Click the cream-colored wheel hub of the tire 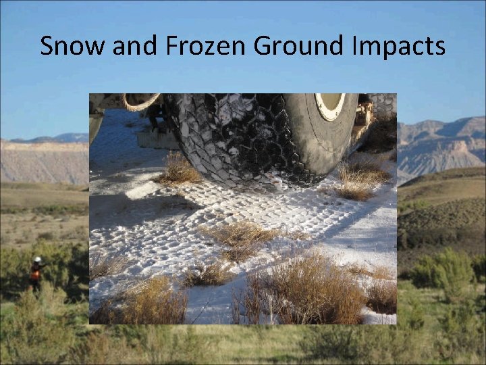coord(330,105)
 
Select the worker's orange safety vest coord(36,273)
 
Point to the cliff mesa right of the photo coord(439,145)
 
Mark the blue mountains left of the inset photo coord(61,138)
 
